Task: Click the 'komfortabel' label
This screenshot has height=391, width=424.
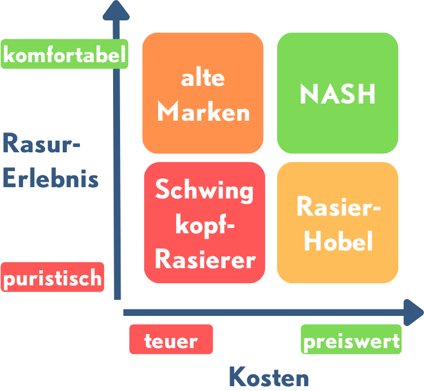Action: click(x=64, y=54)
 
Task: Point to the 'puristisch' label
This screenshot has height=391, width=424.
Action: click(x=53, y=277)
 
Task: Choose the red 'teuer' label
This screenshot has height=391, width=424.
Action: click(x=171, y=340)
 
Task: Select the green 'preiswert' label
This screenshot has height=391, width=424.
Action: click(x=351, y=340)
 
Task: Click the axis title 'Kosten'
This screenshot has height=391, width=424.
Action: click(x=269, y=378)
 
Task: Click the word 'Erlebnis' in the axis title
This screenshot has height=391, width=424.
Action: click(x=50, y=179)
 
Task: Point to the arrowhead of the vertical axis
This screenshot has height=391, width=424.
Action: click(x=116, y=10)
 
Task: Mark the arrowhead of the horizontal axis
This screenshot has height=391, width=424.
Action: click(x=413, y=312)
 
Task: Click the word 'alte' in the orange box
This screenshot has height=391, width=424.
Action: click(x=203, y=78)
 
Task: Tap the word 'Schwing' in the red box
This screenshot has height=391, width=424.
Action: click(x=204, y=190)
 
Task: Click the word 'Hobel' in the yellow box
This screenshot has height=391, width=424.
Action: click(x=338, y=242)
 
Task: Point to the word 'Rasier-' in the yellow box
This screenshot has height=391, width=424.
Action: click(x=338, y=207)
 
